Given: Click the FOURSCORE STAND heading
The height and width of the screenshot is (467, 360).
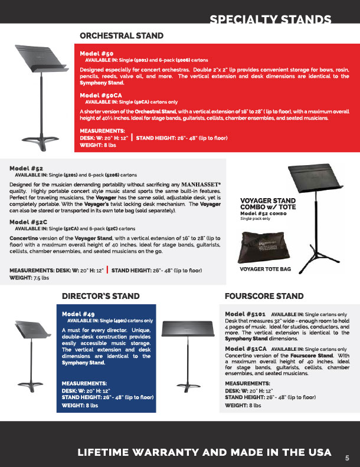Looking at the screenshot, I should tap(264, 296).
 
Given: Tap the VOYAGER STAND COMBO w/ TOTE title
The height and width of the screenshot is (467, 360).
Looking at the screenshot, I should tap(267, 203).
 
